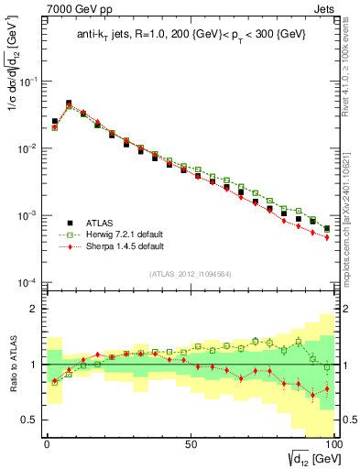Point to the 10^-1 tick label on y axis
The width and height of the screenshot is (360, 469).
tap(28, 82)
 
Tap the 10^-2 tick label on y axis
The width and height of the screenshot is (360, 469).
tap(28, 148)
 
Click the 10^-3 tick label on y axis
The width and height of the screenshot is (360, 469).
tap(28, 215)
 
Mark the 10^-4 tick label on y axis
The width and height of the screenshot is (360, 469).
tap(28, 282)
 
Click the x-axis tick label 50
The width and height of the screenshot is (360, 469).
tap(190, 442)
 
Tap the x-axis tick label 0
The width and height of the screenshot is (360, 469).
tap(47, 442)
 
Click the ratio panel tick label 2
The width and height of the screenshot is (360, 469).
tap(35, 310)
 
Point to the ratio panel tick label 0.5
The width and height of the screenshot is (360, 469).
tap(30, 420)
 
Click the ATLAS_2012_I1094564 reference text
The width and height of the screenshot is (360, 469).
tap(191, 274)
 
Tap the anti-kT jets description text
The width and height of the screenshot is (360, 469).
tap(190, 35)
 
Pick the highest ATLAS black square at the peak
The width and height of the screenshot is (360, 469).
tap(69, 104)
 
